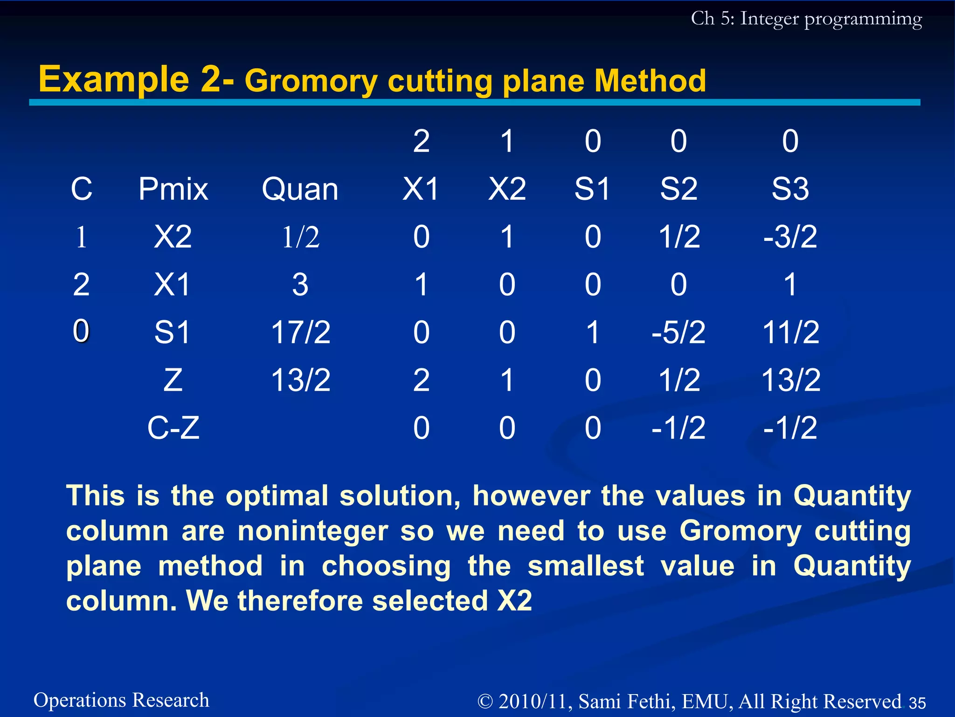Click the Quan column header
300,190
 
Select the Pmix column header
173,190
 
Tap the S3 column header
790,190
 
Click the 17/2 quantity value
301,332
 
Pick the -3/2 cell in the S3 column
790,237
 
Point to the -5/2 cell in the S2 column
678,332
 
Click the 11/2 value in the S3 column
790,332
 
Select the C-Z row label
173,428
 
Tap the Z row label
173,380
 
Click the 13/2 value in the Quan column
301,380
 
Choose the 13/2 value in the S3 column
790,380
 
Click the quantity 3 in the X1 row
300,285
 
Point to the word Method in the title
650,81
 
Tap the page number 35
917,703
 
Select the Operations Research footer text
121,700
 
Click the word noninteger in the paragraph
312,531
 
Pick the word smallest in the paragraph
586,566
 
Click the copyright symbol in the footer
485,702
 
